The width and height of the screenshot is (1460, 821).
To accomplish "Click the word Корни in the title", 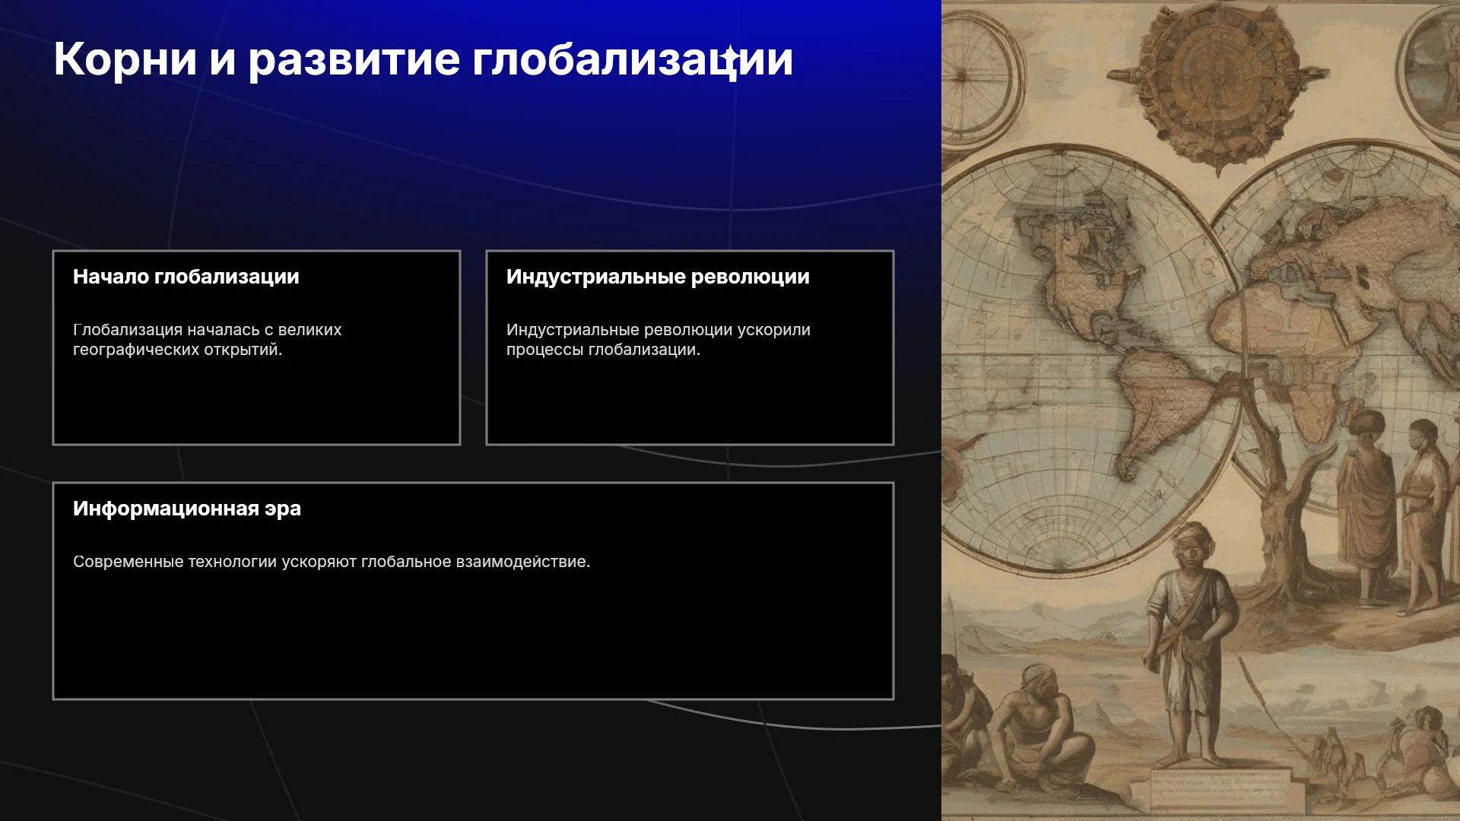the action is [125, 59].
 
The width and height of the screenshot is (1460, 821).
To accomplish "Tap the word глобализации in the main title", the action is [633, 60].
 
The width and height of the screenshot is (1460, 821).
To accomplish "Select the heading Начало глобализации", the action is [186, 277].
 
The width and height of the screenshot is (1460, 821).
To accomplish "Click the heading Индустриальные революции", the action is [658, 277].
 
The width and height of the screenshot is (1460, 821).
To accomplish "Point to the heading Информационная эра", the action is [187, 509].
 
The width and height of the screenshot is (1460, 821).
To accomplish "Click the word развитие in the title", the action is [354, 60].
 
